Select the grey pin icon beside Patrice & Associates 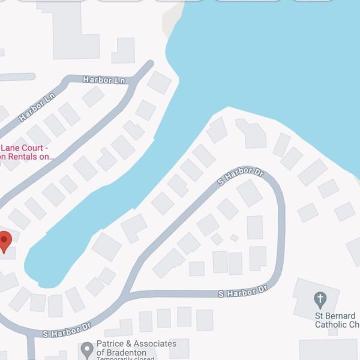tap(88, 347)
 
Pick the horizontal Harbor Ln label tap(103, 79)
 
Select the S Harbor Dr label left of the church tap(242, 293)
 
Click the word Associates tap(155, 344)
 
